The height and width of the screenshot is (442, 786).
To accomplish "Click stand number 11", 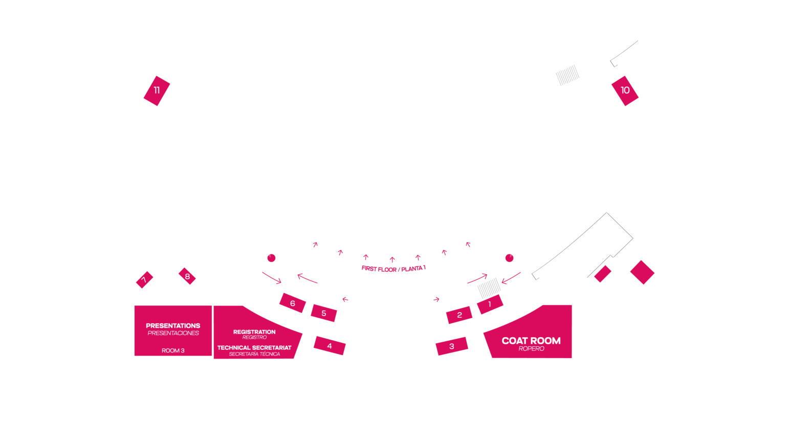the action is tap(157, 91).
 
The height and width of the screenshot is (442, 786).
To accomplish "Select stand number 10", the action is tap(625, 91).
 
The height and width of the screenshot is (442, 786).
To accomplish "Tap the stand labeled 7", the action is tap(144, 280).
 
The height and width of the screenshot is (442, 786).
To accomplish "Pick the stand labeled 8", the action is tap(187, 276).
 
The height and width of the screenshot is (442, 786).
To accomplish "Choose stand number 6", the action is tap(293, 303).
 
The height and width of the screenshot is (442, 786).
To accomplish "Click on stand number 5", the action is tap(324, 313).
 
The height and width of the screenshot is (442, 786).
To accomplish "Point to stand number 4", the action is tap(330, 345).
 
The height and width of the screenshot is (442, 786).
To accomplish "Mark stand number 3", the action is tap(452, 346).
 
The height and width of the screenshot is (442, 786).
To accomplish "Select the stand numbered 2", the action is tap(460, 315).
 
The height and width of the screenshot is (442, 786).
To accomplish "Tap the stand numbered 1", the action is tap(490, 304).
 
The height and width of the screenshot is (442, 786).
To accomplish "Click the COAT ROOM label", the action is tap(531, 341).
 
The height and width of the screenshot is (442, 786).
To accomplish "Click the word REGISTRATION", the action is tap(254, 332).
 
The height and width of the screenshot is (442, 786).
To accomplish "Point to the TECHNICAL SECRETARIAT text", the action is tap(254, 348).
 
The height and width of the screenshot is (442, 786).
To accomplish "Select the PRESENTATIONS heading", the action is tap(173, 325).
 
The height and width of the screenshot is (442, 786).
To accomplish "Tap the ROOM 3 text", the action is tap(173, 350).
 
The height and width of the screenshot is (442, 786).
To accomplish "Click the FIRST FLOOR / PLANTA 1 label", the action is tap(394, 269).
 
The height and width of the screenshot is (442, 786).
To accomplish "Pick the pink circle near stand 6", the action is tap(271, 258).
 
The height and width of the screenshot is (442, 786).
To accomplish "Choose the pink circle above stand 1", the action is tap(510, 258).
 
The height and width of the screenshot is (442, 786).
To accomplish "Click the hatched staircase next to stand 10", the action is tap(567, 75).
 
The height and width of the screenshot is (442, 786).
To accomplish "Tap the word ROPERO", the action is tap(531, 349).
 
